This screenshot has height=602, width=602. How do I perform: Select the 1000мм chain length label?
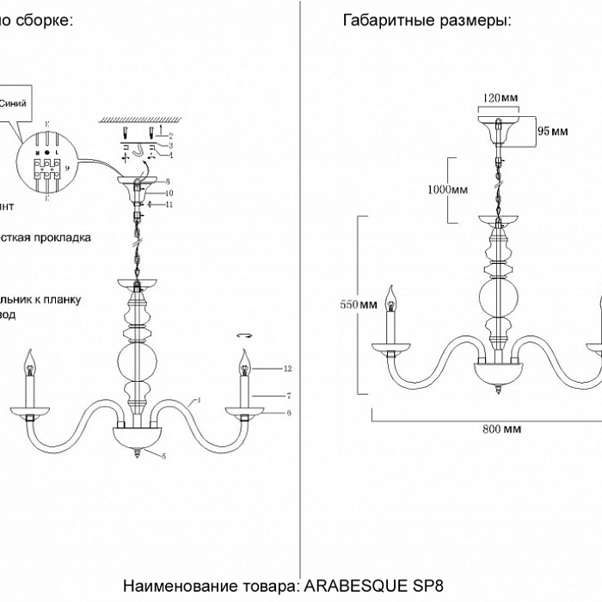pyautogui.click(x=447, y=189)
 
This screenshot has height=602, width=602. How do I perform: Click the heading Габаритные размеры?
pyautogui.click(x=427, y=21)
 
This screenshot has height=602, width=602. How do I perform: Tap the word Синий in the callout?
pyautogui.click(x=17, y=102)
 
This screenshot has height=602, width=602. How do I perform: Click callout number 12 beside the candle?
pyautogui.click(x=287, y=369)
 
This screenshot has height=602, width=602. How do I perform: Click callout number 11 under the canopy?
pyautogui.click(x=169, y=205)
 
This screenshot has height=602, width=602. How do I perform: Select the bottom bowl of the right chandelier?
pyautogui.click(x=499, y=372)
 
